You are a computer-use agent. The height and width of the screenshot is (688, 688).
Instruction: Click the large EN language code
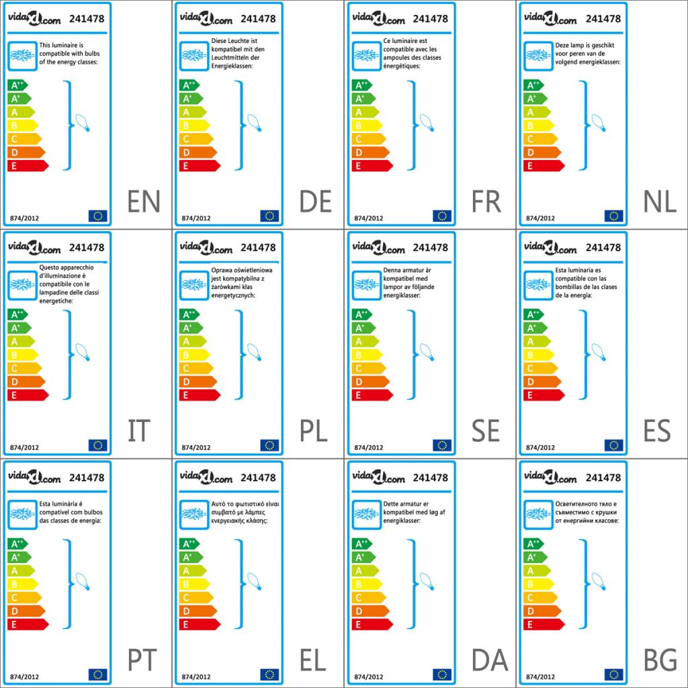pyautogui.click(x=144, y=202)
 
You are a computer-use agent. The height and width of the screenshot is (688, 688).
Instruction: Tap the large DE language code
pyautogui.click(x=316, y=202)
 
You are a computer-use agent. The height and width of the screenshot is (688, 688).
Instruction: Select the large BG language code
pyautogui.click(x=660, y=661)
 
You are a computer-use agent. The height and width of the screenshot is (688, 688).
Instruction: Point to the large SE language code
pyautogui.click(x=486, y=431)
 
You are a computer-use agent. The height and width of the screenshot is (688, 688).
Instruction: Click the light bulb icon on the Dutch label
pyautogui.click(x=597, y=123)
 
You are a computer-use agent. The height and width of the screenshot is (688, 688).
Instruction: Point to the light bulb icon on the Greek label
pyautogui.click(x=253, y=580)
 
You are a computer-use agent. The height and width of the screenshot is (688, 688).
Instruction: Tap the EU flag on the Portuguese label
pyautogui.click(x=98, y=674)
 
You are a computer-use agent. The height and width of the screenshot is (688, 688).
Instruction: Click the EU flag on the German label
pyautogui.click(x=269, y=216)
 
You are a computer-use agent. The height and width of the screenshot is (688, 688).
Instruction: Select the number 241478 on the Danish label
pyautogui.click(x=431, y=478)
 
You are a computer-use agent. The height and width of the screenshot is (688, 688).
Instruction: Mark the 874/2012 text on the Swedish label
pyautogui.click(x=369, y=447)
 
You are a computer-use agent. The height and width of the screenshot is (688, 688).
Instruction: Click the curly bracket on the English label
pyautogui.click(x=68, y=125)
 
